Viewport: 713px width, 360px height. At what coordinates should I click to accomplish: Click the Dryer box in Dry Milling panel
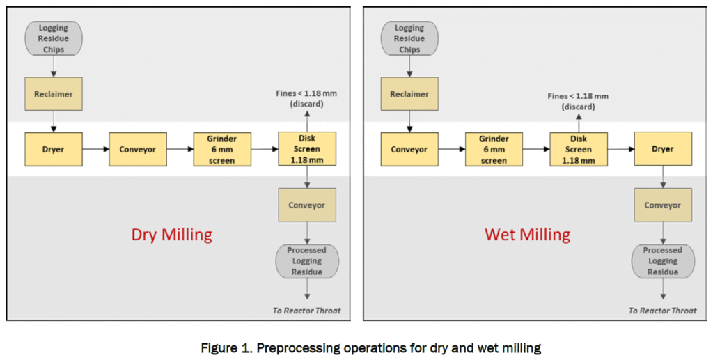click(53, 149)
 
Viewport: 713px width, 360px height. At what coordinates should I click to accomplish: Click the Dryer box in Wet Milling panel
click(662, 149)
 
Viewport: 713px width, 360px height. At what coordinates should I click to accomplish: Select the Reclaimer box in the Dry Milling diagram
click(53, 94)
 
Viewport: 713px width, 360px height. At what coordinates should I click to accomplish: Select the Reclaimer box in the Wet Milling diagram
click(409, 94)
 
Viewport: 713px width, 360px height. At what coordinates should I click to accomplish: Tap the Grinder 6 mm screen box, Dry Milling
click(222, 149)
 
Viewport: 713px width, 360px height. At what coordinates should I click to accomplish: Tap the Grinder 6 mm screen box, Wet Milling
click(494, 149)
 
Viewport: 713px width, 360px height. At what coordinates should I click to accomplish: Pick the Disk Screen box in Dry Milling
click(307, 149)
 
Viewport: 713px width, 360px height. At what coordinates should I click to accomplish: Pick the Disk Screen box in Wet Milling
click(578, 149)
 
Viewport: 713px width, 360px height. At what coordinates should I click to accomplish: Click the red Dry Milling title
click(171, 235)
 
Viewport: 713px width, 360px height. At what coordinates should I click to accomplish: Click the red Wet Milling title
click(527, 235)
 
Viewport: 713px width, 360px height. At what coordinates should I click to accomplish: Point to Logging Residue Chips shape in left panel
click(53, 38)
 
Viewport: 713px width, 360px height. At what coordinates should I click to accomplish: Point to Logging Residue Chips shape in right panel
click(409, 38)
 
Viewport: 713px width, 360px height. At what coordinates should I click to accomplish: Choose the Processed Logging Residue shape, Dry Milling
click(307, 261)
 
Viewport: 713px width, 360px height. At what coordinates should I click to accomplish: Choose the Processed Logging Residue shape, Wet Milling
click(662, 261)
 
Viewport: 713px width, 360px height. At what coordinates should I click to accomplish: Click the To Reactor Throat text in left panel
click(306, 311)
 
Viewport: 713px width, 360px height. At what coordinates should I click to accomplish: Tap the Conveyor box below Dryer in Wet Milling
click(662, 205)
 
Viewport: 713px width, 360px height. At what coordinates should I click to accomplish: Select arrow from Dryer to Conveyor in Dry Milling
click(95, 149)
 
